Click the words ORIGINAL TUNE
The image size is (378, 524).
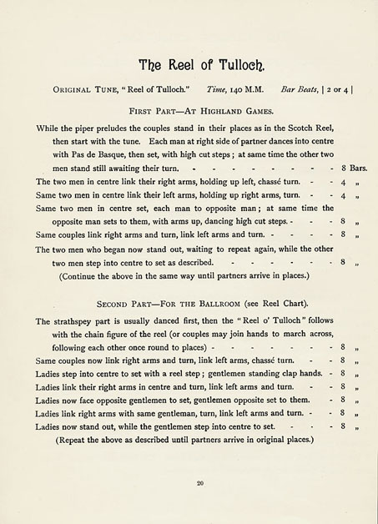tap(82, 88)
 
